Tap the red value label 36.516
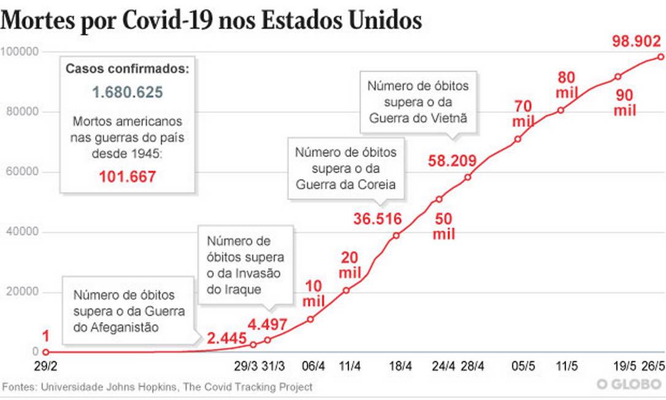[377, 218]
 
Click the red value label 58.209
[452, 161]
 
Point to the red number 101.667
[128, 177]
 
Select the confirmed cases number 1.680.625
[128, 93]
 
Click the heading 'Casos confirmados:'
[128, 69]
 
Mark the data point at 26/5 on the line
[660, 56]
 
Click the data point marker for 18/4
[396, 236]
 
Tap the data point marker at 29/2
[45, 352]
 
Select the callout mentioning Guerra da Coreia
[345, 167]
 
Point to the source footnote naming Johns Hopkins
[157, 387]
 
